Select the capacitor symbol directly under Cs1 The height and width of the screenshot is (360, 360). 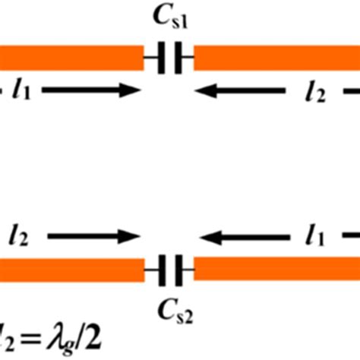[169, 58]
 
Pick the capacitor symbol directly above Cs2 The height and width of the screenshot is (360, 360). [169, 269]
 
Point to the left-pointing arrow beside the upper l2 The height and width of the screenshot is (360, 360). [243, 91]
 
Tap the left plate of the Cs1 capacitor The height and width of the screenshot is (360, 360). [162, 58]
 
